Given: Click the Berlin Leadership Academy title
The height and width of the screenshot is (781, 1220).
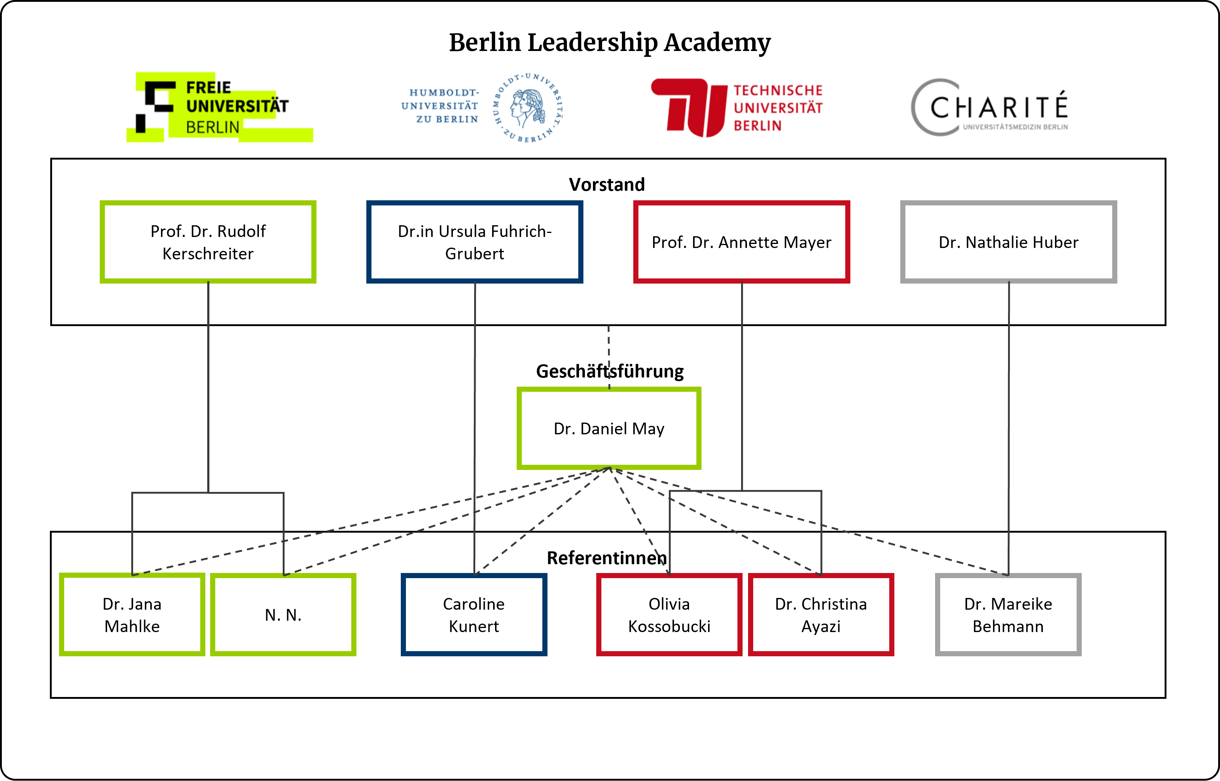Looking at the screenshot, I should click(610, 43).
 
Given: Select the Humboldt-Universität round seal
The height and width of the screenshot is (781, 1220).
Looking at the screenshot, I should click(528, 107).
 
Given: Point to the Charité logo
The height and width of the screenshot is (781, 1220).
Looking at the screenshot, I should click(989, 107).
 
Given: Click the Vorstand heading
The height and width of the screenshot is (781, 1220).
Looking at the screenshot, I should click(607, 185).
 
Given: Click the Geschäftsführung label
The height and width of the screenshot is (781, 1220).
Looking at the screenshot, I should click(610, 371).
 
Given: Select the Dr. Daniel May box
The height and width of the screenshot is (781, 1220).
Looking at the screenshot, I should click(609, 428).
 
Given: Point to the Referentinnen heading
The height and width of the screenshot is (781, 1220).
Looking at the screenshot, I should click(607, 558).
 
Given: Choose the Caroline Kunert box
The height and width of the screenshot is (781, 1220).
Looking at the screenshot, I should click(474, 615).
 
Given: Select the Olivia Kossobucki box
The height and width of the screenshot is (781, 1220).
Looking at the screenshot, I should click(669, 615).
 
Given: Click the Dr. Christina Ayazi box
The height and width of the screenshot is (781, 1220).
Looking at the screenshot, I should click(821, 615).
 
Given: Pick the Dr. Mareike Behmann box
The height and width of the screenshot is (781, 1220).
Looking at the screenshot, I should click(1008, 615).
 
